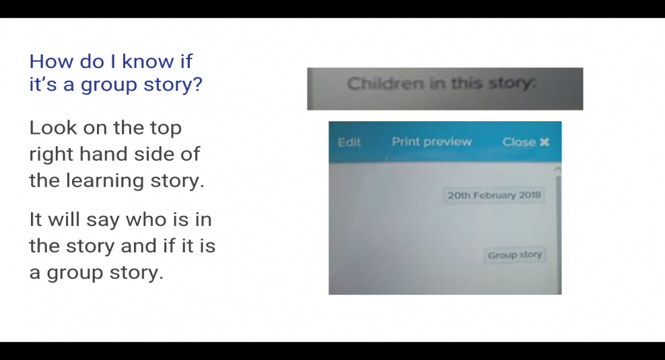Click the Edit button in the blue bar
(349, 142)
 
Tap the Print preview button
(431, 142)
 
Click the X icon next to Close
(544, 142)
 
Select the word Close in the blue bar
(519, 142)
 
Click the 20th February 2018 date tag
(494, 195)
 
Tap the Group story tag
(515, 255)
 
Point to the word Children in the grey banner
(386, 83)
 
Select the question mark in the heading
(197, 84)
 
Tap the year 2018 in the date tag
(530, 195)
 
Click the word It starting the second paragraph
(35, 219)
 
